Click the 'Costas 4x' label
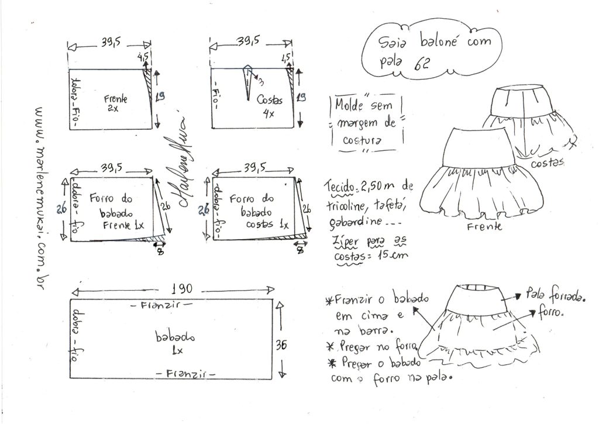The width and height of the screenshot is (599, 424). pos(269,105)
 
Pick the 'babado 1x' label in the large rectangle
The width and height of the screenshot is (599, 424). pos(170,343)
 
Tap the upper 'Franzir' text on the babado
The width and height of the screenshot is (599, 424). pos(160,305)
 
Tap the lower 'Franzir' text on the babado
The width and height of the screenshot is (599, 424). pos(186,373)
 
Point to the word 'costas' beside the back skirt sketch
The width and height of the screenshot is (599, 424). pos(546,162)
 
